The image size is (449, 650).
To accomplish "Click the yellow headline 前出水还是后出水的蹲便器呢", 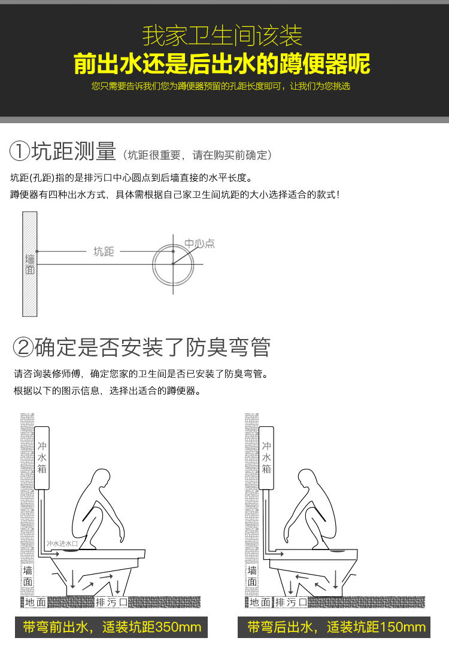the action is point(222,64).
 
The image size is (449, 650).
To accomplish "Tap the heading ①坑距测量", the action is point(63,151).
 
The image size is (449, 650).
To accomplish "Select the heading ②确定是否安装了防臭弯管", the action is point(141,347).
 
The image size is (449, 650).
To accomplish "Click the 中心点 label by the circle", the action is point(199,243).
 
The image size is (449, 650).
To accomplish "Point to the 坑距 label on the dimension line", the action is point(104,251).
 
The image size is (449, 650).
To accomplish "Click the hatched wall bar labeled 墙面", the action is point(29,264).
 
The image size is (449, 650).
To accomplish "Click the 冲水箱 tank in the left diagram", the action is point(41,457).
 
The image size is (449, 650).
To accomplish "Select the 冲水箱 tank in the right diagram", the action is point(266,457).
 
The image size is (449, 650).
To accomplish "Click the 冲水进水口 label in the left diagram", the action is point(62,544).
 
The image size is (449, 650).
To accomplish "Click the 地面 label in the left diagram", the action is point(35,602).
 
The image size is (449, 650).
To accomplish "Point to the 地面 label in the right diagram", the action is point(260,602).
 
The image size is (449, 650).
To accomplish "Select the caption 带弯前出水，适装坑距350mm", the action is point(111,627).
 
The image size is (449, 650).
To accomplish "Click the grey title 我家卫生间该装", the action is point(222,36).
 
